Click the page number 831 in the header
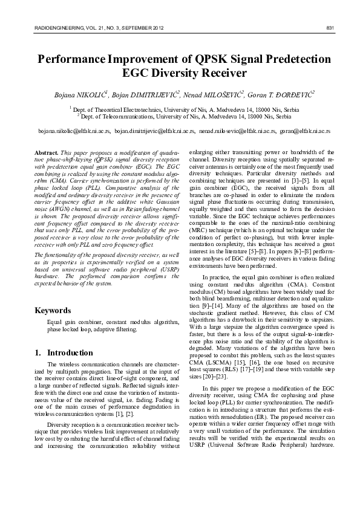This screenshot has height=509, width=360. tap(330, 28)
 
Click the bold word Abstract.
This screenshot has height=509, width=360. tap(47, 152)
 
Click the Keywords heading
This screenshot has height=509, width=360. tap(54, 311)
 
